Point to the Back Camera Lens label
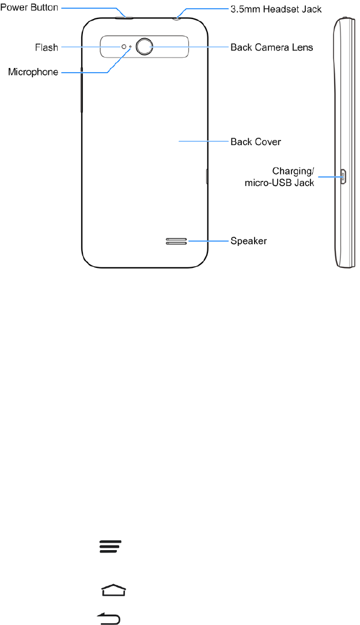coord(271,47)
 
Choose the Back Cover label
coord(255,141)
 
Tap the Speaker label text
coord(248,241)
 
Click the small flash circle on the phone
coord(123,47)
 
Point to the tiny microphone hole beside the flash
coord(130,47)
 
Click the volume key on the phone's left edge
coord(81,90)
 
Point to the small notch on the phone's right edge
coord(207,176)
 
